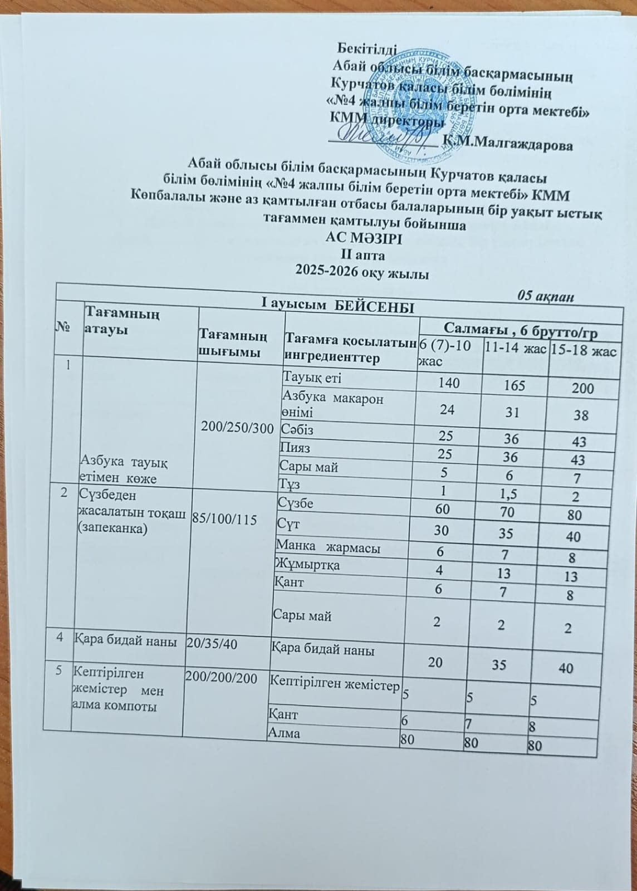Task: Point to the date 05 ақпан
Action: click(546, 295)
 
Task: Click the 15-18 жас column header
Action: click(582, 351)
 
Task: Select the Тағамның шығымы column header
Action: click(233, 344)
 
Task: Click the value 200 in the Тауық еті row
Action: click(582, 388)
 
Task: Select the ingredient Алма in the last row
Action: click(285, 733)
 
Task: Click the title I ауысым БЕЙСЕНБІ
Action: click(338, 307)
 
